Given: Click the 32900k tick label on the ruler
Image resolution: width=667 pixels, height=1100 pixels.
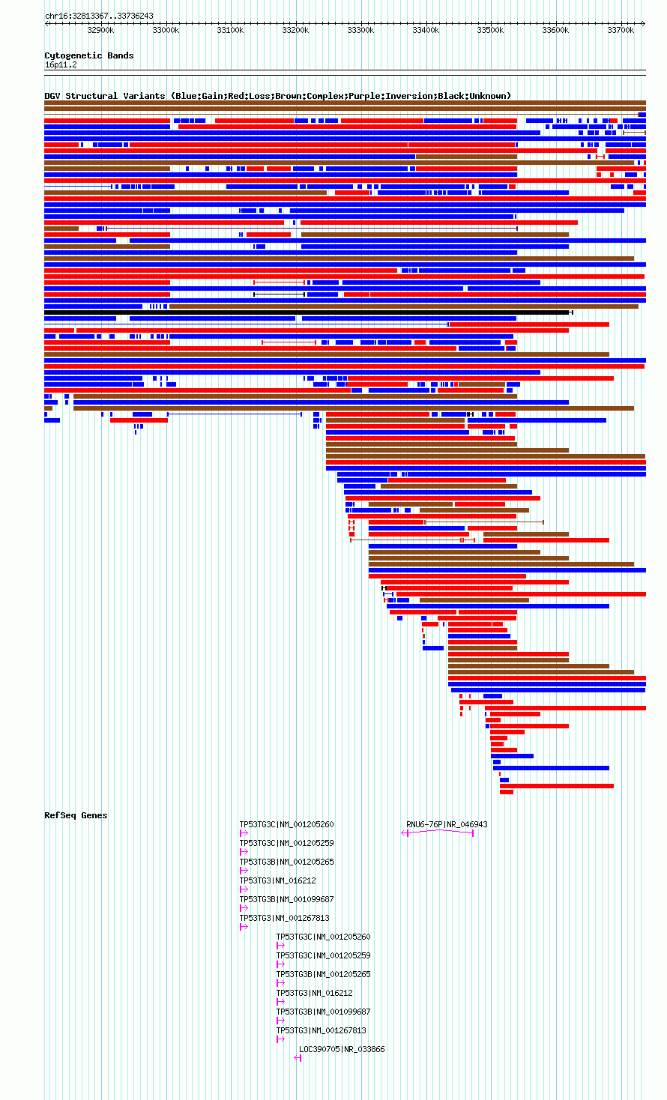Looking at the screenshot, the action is click(100, 31).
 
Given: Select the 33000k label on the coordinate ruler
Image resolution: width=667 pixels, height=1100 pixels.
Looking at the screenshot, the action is click(166, 31).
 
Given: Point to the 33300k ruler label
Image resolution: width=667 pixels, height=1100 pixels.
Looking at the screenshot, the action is click(360, 31).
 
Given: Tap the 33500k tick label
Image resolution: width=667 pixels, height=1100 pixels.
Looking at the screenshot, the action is click(490, 31).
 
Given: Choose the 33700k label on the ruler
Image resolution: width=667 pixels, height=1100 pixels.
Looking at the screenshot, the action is click(621, 31).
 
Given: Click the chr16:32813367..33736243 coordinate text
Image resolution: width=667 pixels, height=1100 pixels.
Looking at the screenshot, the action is click(99, 16).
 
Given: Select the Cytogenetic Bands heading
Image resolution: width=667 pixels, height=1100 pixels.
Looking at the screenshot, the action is click(89, 55).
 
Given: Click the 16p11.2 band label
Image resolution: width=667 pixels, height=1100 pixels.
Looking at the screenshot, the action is click(61, 65).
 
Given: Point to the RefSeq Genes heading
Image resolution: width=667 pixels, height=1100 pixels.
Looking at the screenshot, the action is click(76, 815).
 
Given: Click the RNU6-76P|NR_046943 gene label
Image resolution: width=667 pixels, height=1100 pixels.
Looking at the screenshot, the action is click(447, 824).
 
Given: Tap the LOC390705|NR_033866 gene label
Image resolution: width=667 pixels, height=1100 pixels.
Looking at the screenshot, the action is click(342, 1049).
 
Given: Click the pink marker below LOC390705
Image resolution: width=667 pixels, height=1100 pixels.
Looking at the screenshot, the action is click(298, 1058).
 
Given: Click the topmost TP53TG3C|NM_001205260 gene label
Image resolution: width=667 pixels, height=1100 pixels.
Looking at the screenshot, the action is click(286, 824).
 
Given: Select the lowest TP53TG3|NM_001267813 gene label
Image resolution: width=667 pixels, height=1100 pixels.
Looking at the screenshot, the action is click(322, 1031).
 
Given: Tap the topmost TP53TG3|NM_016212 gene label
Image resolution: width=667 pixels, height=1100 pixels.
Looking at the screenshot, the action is click(277, 881).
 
